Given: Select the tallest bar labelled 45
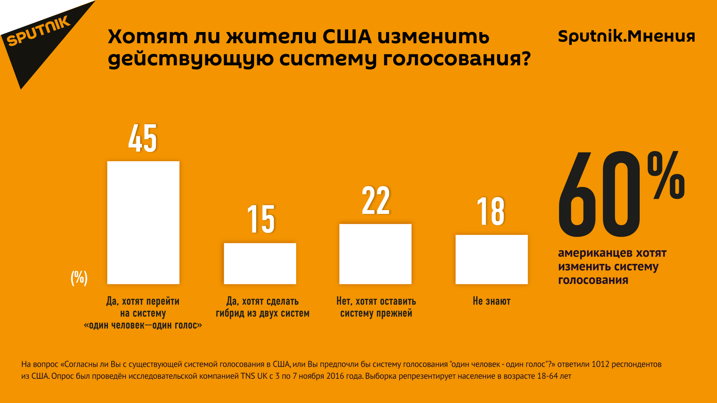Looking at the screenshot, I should (143, 222).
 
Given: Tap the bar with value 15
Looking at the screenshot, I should (260, 263).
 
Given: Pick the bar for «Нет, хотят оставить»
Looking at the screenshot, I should (375, 254).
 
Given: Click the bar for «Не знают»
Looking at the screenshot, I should (491, 259).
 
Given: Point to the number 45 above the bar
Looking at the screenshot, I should (143, 138).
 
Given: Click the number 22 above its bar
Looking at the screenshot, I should (376, 201).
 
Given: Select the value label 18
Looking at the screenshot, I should (491, 212).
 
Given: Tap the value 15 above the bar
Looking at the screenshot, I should (261, 219).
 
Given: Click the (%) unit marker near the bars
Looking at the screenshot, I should (79, 278).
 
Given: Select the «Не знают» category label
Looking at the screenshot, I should (491, 301).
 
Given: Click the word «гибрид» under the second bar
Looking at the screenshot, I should (230, 313).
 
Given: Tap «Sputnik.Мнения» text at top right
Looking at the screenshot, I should (626, 36).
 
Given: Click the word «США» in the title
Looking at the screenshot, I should (347, 37).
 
